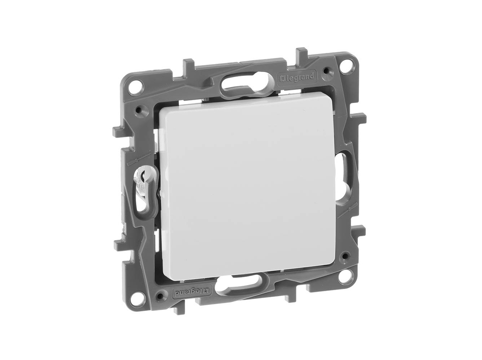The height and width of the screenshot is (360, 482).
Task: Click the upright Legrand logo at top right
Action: (297, 77)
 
